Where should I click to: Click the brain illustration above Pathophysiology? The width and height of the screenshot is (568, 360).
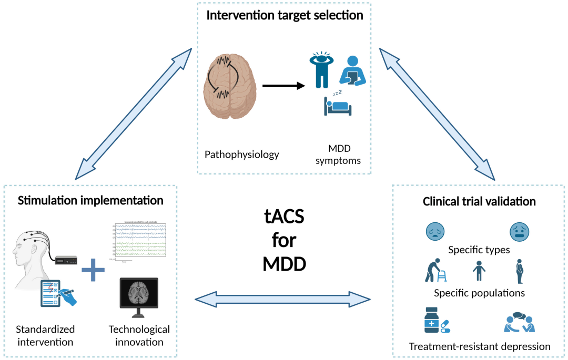[229, 87]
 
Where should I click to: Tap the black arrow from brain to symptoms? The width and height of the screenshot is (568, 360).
[283, 85]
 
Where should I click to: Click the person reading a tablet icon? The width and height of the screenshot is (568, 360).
[351, 70]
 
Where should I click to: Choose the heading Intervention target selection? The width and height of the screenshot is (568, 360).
[285, 15]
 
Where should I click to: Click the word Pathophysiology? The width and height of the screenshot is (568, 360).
[242, 155]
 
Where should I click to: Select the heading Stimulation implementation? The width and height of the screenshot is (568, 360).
[90, 200]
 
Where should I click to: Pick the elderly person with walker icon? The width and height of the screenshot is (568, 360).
[435, 271]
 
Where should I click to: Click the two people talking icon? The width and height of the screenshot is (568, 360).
[519, 322]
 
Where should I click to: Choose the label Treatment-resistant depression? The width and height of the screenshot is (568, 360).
[479, 346]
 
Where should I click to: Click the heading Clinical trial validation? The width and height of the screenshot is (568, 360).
[479, 201]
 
